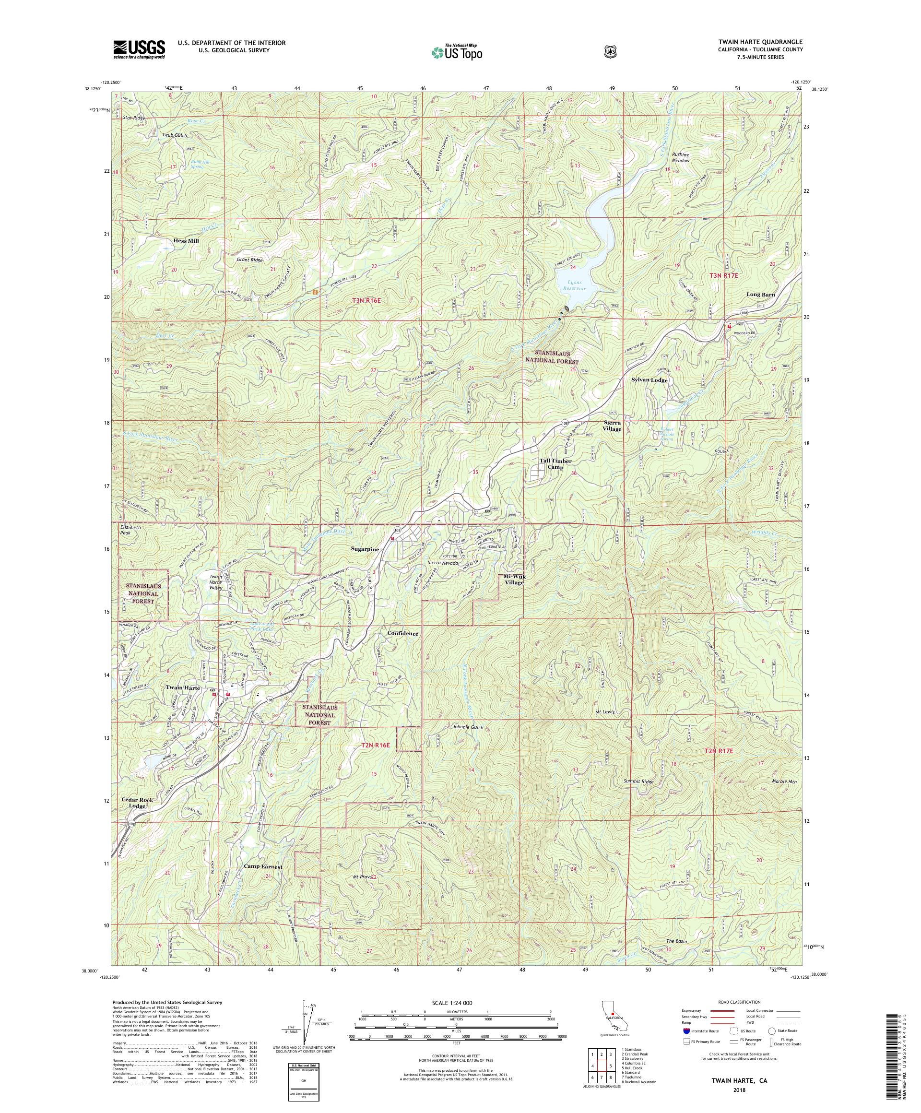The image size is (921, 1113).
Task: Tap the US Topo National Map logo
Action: pyautogui.click(x=458, y=52)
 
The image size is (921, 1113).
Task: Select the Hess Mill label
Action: pyautogui.click(x=186, y=241)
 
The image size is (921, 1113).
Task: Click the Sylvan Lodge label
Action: pyautogui.click(x=649, y=380)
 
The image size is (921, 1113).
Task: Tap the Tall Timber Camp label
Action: pyautogui.click(x=555, y=464)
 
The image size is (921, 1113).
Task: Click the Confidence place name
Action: pyautogui.click(x=403, y=633)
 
